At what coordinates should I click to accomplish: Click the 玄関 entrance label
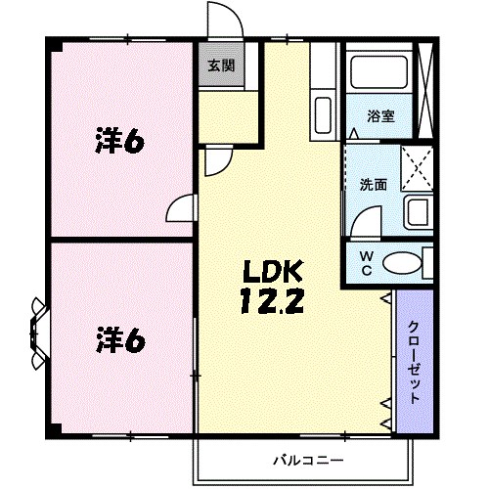point(220,67)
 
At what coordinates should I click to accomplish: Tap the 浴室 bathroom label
point(380,116)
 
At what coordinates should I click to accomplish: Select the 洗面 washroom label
point(372,183)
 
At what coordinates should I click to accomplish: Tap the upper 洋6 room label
point(119,142)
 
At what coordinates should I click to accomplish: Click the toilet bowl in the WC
point(400,262)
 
